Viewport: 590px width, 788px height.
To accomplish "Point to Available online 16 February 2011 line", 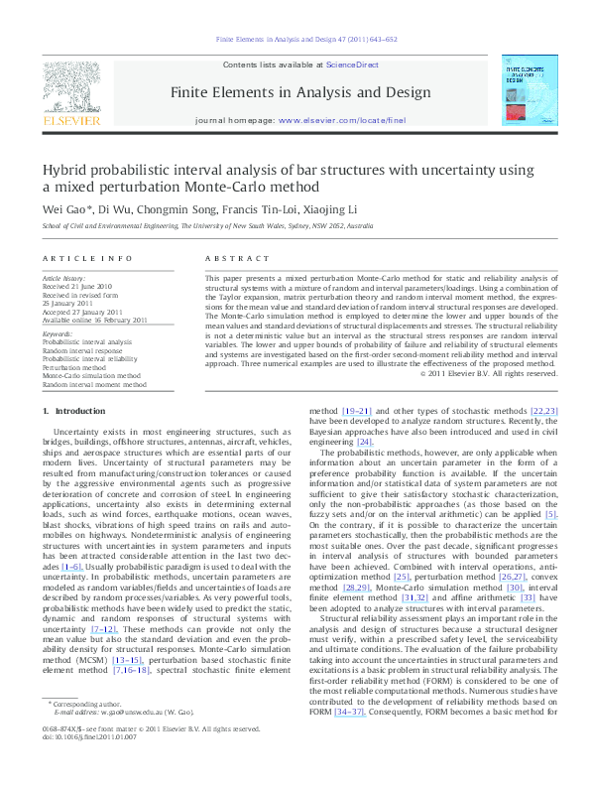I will [96, 319].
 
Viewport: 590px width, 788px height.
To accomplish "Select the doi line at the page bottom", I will [86, 765].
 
